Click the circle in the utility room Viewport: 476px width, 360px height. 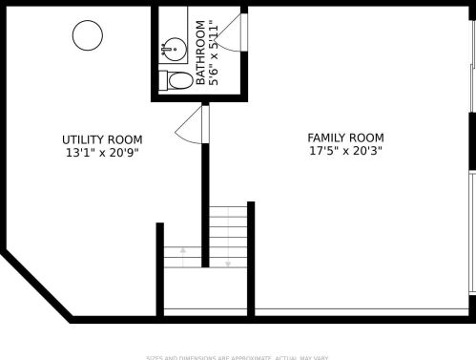coord(88,35)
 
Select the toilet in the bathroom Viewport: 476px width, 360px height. coord(173,80)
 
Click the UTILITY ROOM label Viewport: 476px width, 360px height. coord(102,139)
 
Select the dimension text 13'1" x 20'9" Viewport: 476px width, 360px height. coord(102,152)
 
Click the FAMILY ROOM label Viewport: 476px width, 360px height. coord(345,138)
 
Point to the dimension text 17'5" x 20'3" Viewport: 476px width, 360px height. coord(345,151)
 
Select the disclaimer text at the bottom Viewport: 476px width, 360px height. coord(237,357)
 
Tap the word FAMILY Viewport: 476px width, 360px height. coord(325,138)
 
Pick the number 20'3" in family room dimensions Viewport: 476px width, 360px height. coord(366,151)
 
